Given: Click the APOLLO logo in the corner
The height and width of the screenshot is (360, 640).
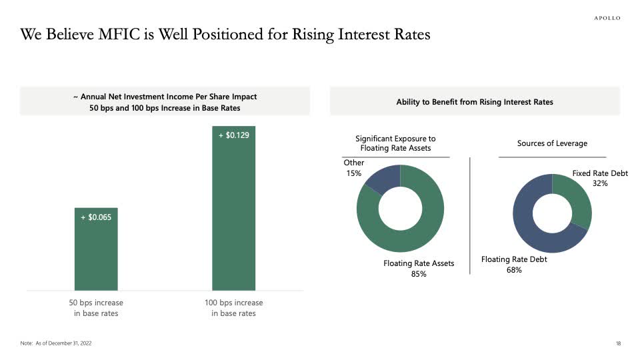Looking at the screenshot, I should click(x=607, y=18).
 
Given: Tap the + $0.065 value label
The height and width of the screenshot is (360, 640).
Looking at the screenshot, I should click(x=95, y=217).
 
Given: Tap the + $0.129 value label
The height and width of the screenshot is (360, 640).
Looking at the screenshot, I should click(x=233, y=135).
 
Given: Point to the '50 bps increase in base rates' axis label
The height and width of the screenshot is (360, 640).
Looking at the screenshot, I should click(x=96, y=308).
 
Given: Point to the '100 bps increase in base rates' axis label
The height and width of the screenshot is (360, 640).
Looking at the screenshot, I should click(x=233, y=308).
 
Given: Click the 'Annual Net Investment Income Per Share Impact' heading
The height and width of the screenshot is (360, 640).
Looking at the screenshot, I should click(x=165, y=97).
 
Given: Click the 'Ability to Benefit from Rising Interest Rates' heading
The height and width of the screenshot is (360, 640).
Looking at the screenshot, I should click(x=475, y=102).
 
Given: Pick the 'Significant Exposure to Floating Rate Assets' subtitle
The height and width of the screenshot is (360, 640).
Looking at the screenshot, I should click(x=395, y=143).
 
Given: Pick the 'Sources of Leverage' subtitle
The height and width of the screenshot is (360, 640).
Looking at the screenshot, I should click(x=552, y=143).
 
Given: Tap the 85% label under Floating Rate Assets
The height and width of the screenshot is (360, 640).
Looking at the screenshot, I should click(x=419, y=274).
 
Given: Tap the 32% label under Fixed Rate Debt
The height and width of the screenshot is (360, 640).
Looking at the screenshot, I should click(x=600, y=183).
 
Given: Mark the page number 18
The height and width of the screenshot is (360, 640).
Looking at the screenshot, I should click(x=618, y=343).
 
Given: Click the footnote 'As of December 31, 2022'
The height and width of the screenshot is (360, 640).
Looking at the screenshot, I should click(x=65, y=343).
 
